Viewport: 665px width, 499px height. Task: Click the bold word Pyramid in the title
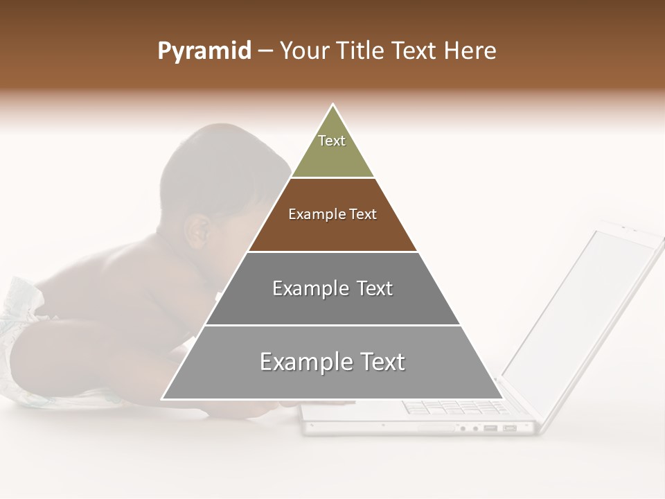coord(204,51)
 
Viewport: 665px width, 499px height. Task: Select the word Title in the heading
coord(362,51)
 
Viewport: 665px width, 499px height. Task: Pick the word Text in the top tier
coord(332,141)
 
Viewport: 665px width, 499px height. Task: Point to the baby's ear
coord(199,232)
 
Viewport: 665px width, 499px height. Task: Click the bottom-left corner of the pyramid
coord(162,399)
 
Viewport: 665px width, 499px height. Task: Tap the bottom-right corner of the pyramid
coord(503,399)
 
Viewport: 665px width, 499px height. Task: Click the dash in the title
coord(265,51)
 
